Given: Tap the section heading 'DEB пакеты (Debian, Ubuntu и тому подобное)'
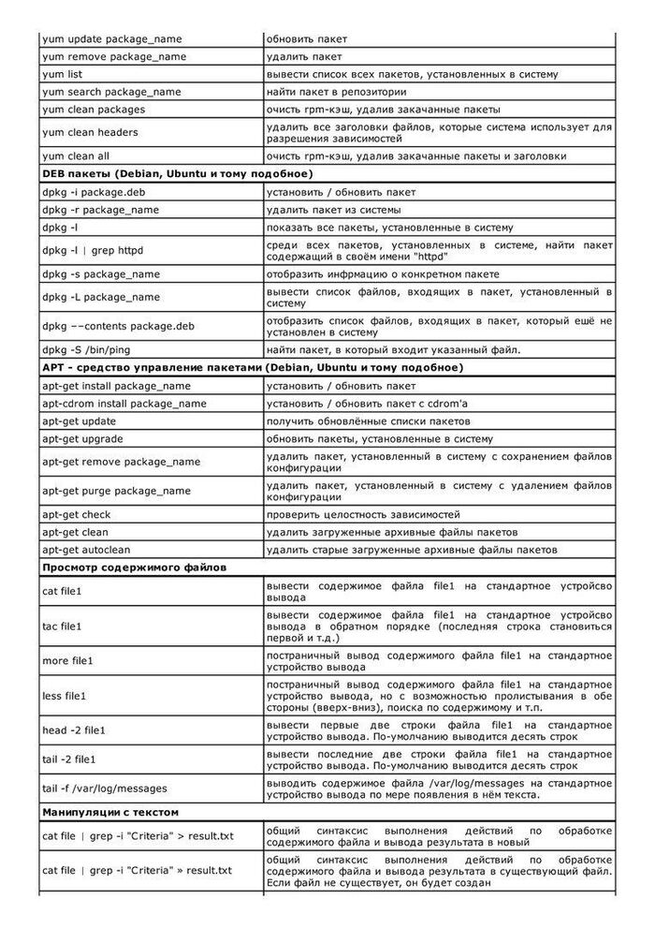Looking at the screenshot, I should click(x=177, y=174).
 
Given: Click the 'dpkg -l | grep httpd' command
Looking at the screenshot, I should click(x=94, y=250).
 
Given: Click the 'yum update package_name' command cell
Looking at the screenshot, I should click(x=112, y=38).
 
